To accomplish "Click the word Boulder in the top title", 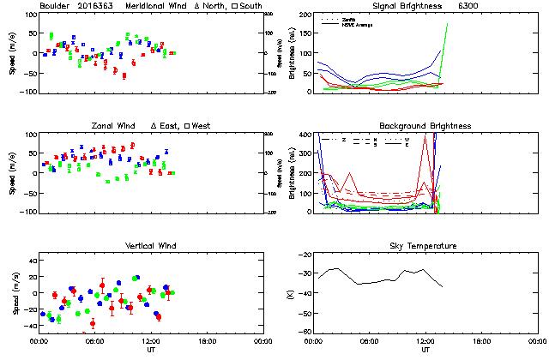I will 54,6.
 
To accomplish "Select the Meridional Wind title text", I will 159,6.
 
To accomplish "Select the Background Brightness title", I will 425,126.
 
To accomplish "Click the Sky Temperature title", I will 425,246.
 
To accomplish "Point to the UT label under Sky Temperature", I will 425,350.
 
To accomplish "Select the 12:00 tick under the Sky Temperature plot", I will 425,341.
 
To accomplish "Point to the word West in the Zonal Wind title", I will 202,126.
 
